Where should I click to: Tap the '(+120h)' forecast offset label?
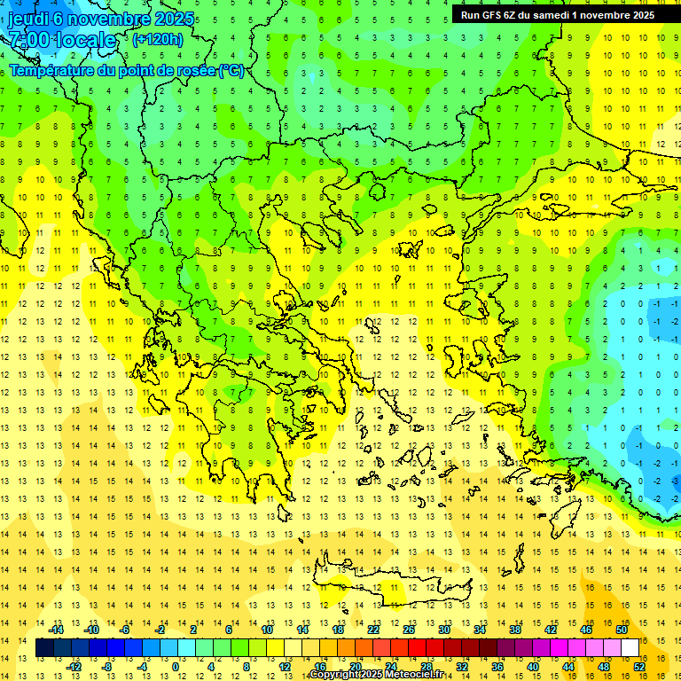click(x=158, y=39)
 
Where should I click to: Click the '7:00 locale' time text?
click(x=62, y=40)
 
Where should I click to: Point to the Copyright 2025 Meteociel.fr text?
click(x=376, y=675)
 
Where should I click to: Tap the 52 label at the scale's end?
click(x=639, y=666)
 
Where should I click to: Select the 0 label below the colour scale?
click(x=175, y=666)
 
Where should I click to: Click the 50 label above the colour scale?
click(x=621, y=630)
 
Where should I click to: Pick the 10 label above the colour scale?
click(x=266, y=630)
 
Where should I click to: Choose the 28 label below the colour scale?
click(x=426, y=666)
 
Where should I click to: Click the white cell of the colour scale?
click(x=630, y=648)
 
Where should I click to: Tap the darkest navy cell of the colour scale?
click(x=44, y=648)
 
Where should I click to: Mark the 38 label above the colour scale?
click(x=515, y=630)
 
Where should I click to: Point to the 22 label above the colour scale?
click(x=373, y=630)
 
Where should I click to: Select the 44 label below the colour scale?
click(x=568, y=666)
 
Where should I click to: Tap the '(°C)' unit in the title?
click(x=231, y=70)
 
